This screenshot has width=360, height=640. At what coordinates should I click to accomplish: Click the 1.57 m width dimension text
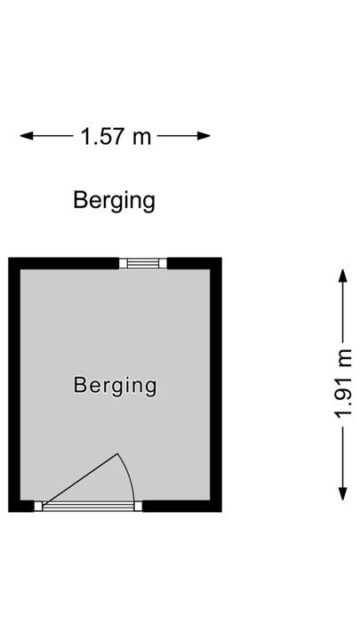click(116, 136)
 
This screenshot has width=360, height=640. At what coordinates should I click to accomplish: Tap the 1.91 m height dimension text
click(343, 384)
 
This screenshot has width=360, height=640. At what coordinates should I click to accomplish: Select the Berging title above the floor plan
click(115, 201)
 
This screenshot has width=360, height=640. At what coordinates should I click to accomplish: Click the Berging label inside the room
click(115, 386)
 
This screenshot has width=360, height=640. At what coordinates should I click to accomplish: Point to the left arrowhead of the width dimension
click(26, 136)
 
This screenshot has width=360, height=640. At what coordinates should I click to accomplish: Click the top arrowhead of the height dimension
click(343, 276)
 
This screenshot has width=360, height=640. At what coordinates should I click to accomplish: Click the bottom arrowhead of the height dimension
click(343, 494)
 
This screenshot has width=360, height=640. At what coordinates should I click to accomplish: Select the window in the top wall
click(143, 263)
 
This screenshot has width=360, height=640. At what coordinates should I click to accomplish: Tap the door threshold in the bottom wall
click(88, 506)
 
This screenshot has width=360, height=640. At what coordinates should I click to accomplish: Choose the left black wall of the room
click(14, 385)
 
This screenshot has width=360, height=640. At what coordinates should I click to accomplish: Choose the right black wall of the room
click(216, 385)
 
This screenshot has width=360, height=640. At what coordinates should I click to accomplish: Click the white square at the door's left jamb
click(38, 506)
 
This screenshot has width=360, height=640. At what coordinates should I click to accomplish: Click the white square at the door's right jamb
click(139, 506)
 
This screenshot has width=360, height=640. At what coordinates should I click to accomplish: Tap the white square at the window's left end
click(123, 263)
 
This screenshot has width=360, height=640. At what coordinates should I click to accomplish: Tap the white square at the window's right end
click(163, 263)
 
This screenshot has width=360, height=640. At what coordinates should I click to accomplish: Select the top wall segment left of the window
click(64, 263)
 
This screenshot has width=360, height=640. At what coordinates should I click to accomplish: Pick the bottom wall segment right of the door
click(182, 506)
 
